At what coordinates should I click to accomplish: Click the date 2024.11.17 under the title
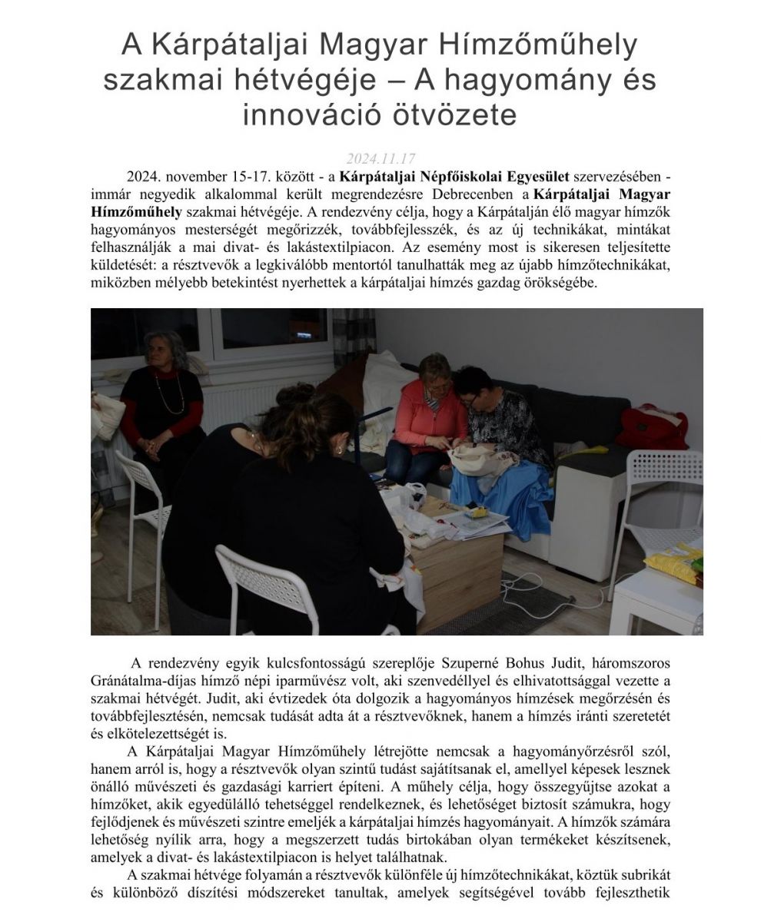(x=380, y=159)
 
